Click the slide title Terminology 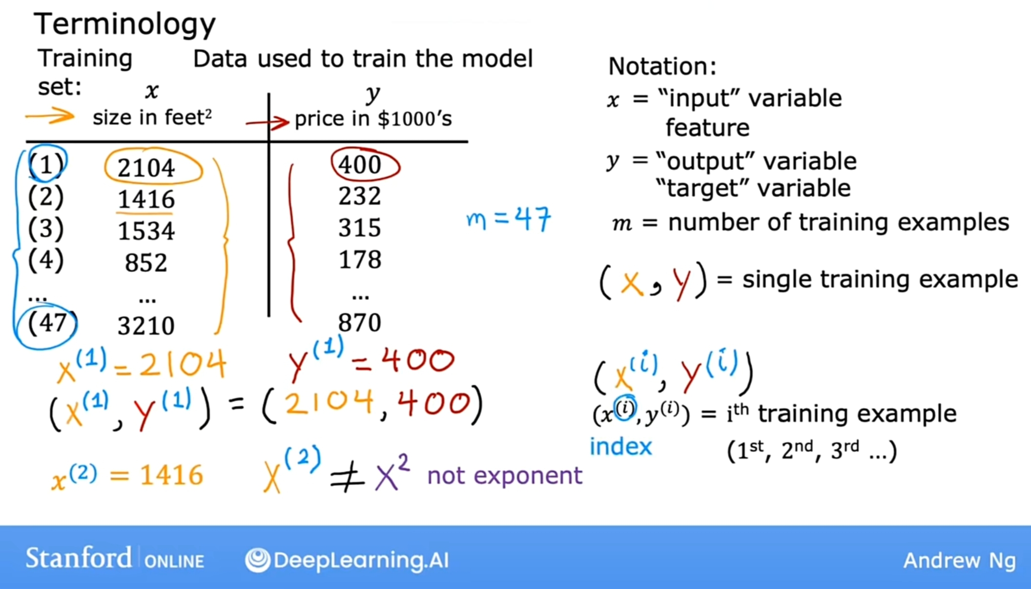(x=124, y=24)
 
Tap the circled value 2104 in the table (x=146, y=168)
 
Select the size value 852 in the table (x=146, y=263)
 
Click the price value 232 (x=360, y=196)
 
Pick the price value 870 (x=360, y=323)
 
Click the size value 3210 (x=146, y=326)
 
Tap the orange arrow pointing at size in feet (x=50, y=116)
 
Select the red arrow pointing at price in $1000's (x=268, y=122)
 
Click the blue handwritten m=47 (x=509, y=219)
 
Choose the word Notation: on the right (x=662, y=66)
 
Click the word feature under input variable (x=707, y=128)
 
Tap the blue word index (x=621, y=447)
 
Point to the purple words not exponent (x=505, y=475)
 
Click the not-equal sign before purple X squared (x=347, y=477)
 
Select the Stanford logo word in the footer (x=79, y=558)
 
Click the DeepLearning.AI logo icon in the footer (x=258, y=560)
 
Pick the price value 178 (x=360, y=259)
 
